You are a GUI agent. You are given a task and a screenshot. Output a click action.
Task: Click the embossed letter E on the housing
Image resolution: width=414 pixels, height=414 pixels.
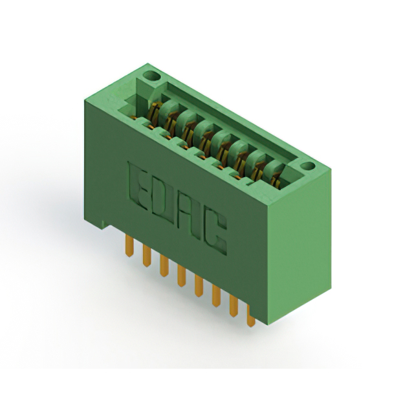[x=138, y=186]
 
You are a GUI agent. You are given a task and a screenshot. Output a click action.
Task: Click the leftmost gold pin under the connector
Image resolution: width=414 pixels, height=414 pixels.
[x=129, y=246]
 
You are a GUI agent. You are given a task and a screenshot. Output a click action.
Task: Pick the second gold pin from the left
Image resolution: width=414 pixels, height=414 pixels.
[x=147, y=256]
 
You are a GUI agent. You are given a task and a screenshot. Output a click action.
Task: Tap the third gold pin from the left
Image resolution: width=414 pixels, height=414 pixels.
[x=164, y=266]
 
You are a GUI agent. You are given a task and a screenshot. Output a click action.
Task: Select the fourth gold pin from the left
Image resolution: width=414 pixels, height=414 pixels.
[x=181, y=276]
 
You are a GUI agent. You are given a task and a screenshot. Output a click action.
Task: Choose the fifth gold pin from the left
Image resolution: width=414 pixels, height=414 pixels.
[x=199, y=285]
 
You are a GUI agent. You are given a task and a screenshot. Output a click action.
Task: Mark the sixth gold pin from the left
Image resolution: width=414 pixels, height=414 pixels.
[x=216, y=296]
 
